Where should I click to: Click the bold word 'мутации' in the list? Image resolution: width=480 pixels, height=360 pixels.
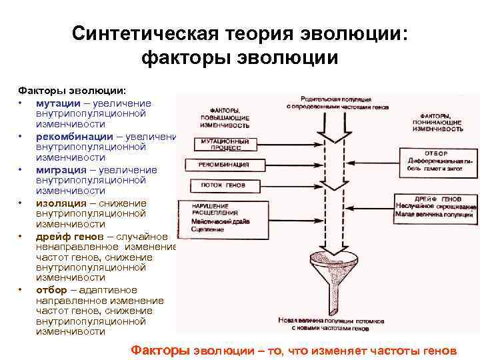pos(59,103)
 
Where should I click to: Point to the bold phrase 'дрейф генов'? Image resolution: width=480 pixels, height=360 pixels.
pos(69,237)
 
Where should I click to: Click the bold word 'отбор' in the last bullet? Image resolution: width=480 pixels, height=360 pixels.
pos(51,290)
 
